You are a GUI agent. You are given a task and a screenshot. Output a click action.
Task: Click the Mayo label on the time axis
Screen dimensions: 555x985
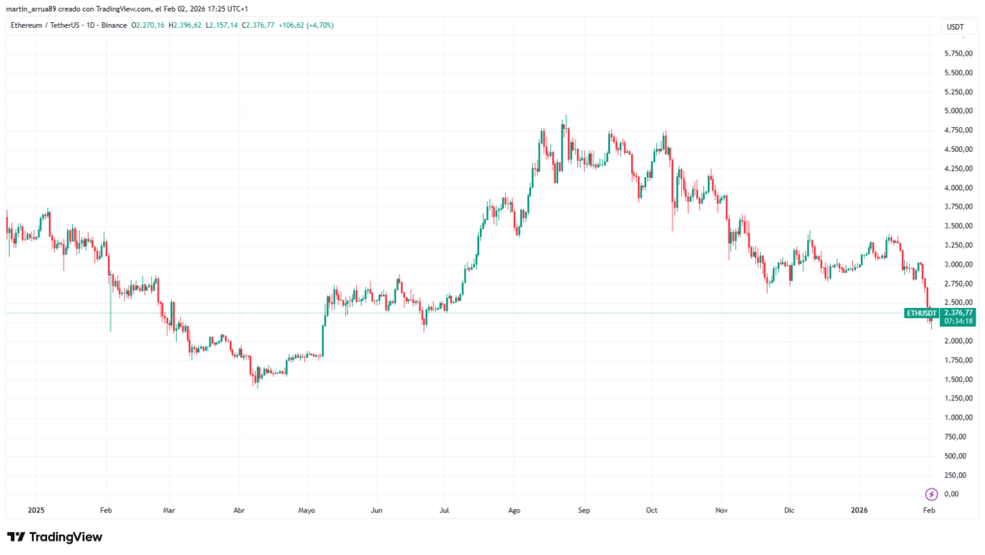(x=307, y=512)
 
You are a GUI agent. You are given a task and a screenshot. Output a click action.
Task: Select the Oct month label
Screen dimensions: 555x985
(x=651, y=512)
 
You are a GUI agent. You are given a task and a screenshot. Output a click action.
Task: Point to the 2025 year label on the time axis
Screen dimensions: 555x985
(x=38, y=512)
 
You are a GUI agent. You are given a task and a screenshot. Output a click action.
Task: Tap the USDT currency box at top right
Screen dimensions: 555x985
(x=955, y=27)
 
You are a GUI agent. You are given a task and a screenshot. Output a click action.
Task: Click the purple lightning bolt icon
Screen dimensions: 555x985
(x=931, y=493)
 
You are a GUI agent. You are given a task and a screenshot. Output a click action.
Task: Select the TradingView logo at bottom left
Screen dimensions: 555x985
(x=55, y=537)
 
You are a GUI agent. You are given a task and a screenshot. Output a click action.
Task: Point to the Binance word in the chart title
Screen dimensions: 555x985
(x=113, y=24)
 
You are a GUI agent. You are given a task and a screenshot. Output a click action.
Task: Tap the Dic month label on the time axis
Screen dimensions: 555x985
(x=790, y=512)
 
